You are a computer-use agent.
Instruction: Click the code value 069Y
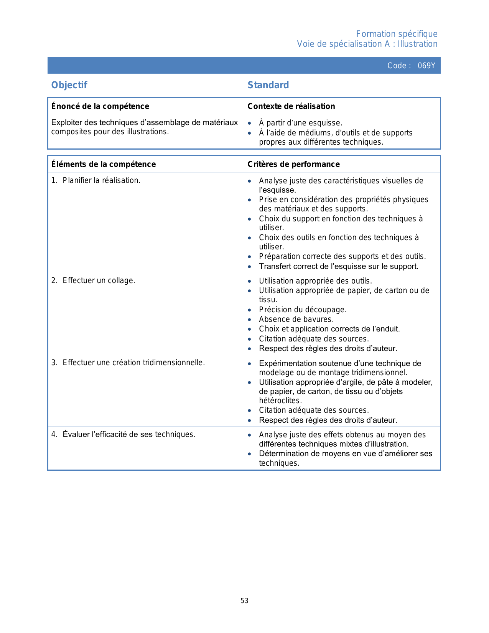(x=426, y=66)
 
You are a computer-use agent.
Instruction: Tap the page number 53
(x=244, y=601)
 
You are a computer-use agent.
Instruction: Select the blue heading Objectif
(x=69, y=85)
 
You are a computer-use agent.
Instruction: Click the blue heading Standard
(x=268, y=85)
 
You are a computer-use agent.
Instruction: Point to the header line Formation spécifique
(x=397, y=34)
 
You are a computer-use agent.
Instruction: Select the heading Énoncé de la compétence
(x=100, y=106)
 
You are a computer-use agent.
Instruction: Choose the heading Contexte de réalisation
(x=291, y=106)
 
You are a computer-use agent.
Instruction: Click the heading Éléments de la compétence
(x=104, y=164)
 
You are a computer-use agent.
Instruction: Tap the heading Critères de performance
(x=293, y=164)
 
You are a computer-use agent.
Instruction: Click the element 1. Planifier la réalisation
(x=96, y=180)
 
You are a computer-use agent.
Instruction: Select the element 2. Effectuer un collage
(x=93, y=280)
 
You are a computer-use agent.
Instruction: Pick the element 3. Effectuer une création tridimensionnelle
(x=128, y=363)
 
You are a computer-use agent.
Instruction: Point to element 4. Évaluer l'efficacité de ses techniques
(x=123, y=434)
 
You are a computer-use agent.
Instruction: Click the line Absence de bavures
(x=296, y=319)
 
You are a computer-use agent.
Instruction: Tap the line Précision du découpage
(x=303, y=310)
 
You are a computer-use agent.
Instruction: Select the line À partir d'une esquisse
(x=300, y=123)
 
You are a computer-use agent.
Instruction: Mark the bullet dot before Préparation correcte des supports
(x=250, y=257)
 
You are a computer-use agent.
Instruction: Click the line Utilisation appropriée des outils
(x=315, y=281)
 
